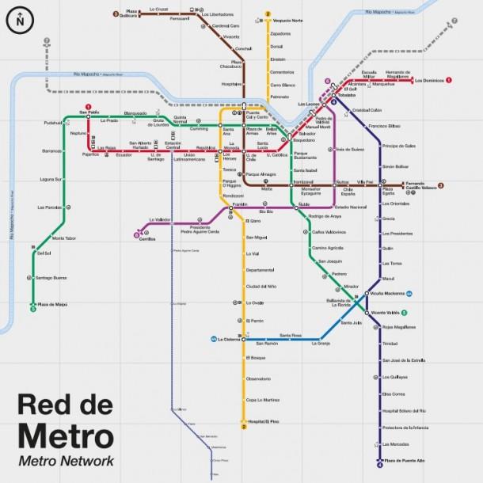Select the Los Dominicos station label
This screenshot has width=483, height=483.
click(428, 80)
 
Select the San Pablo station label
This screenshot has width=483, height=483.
click(88, 113)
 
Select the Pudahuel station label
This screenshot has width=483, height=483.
click(31, 124)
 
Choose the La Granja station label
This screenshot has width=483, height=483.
click(319, 344)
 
